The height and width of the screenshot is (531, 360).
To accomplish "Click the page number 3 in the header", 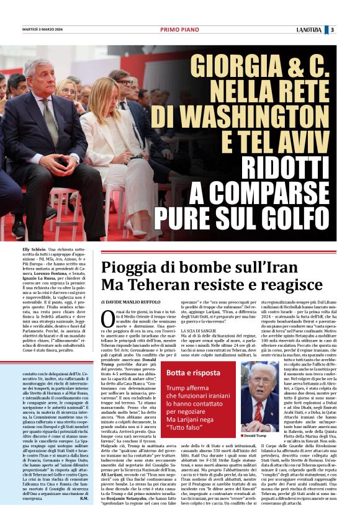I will (x=351, y=29).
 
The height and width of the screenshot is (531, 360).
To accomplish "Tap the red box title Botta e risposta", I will (x=193, y=372).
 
